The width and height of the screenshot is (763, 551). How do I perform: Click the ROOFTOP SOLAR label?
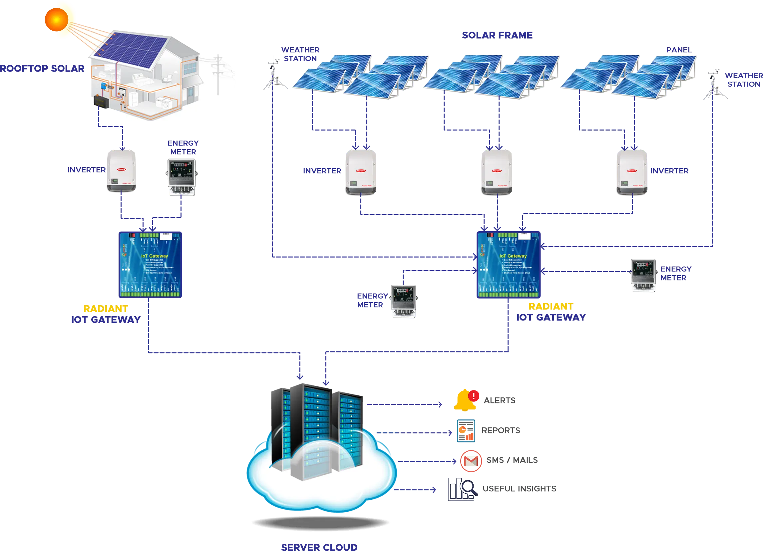pos(42,68)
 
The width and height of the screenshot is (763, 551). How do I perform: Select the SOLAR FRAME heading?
pos(497,35)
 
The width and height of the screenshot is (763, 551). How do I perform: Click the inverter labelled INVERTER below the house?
pos(121,170)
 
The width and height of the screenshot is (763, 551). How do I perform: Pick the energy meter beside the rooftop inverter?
pos(182,177)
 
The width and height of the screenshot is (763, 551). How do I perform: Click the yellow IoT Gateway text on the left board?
pos(155,256)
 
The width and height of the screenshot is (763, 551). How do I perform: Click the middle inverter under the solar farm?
pos(497,172)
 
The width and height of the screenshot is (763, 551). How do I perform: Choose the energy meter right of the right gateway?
pos(643,275)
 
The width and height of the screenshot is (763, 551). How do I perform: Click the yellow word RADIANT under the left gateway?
pos(106,309)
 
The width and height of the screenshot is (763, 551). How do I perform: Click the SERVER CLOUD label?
pos(319,547)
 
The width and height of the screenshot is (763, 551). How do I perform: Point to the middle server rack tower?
pos(311,431)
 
